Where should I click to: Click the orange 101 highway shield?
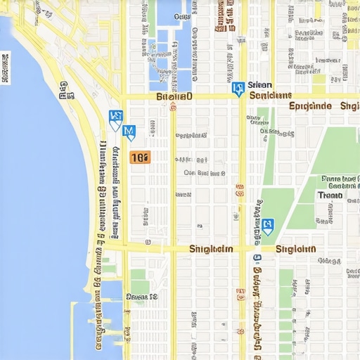pyautogui.click(x=140, y=157)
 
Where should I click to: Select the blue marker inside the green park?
pyautogui.click(x=267, y=226)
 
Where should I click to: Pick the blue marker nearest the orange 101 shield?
pyautogui.click(x=129, y=131)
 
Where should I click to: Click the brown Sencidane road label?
pyautogui.click(x=271, y=95)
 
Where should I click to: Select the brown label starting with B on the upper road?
pyautogui.click(x=174, y=96)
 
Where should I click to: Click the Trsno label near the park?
pyautogui.click(x=330, y=195)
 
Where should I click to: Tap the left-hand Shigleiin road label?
pyautogui.click(x=211, y=249)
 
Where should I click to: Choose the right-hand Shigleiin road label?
pyautogui.click(x=295, y=249)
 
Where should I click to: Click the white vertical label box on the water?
pyautogui.click(x=6, y=68)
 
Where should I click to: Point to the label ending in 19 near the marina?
pyautogui.click(x=141, y=297)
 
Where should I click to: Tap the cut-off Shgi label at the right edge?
pyautogui.click(x=349, y=106)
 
